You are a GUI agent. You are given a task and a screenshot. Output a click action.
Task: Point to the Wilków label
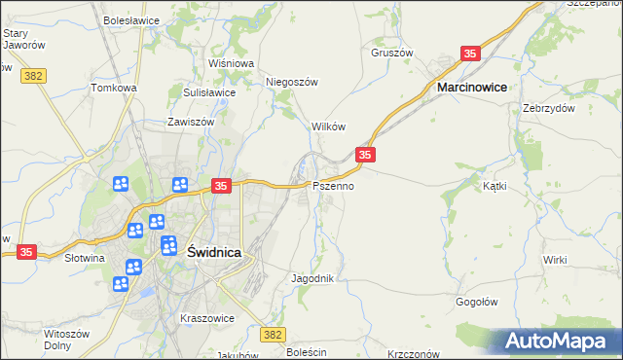(x=328, y=126)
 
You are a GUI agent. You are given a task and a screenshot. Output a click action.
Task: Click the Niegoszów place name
(x=293, y=83)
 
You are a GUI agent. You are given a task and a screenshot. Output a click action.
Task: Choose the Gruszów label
(x=392, y=53)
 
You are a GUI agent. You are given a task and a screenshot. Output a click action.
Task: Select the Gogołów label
(x=477, y=302)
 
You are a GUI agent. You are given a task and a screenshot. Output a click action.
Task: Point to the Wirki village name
(x=556, y=260)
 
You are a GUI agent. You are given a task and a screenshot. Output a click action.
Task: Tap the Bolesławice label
(x=130, y=19)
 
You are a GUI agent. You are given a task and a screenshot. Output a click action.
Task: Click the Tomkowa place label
(x=114, y=88)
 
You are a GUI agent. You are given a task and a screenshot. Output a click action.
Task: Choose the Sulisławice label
(x=209, y=92)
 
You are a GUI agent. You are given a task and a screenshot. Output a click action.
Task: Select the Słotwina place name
(x=85, y=259)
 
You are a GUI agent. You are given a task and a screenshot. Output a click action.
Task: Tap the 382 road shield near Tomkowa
(x=35, y=74)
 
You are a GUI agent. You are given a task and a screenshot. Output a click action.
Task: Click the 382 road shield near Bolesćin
(x=274, y=334)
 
